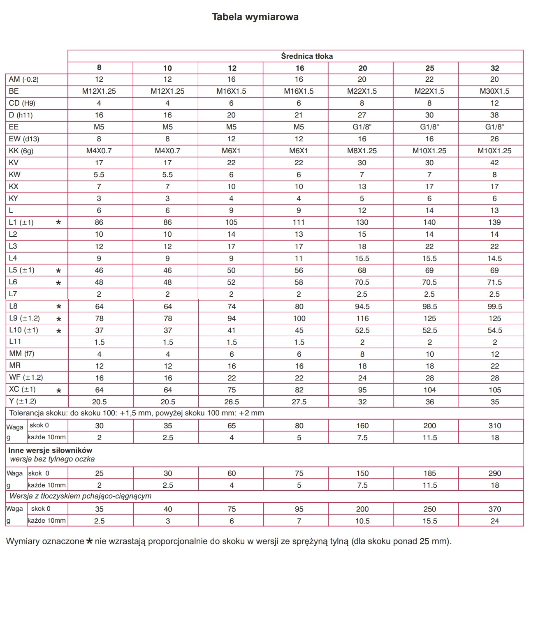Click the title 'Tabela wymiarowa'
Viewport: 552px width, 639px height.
(255, 17)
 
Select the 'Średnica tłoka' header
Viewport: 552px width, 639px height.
(307, 56)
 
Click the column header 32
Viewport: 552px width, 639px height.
(495, 68)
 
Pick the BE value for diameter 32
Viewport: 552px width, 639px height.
(494, 91)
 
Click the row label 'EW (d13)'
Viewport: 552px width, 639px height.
(24, 139)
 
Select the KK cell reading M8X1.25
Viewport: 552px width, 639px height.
(362, 151)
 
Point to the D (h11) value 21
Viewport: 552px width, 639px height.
(299, 115)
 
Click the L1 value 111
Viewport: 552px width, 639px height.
(299, 222)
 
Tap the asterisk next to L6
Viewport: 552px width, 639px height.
(58, 283)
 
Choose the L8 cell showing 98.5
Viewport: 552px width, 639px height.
(429, 307)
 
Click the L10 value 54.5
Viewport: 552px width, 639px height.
(494, 330)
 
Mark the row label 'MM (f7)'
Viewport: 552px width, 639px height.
(21, 353)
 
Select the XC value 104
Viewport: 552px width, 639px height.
(429, 390)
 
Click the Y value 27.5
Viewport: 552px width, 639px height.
(299, 402)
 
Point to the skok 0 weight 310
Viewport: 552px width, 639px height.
(494, 426)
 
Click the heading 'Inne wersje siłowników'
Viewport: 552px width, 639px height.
(50, 450)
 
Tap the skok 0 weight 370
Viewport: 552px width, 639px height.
(494, 509)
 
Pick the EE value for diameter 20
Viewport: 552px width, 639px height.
(362, 127)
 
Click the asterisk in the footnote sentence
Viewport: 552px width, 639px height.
(89, 541)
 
